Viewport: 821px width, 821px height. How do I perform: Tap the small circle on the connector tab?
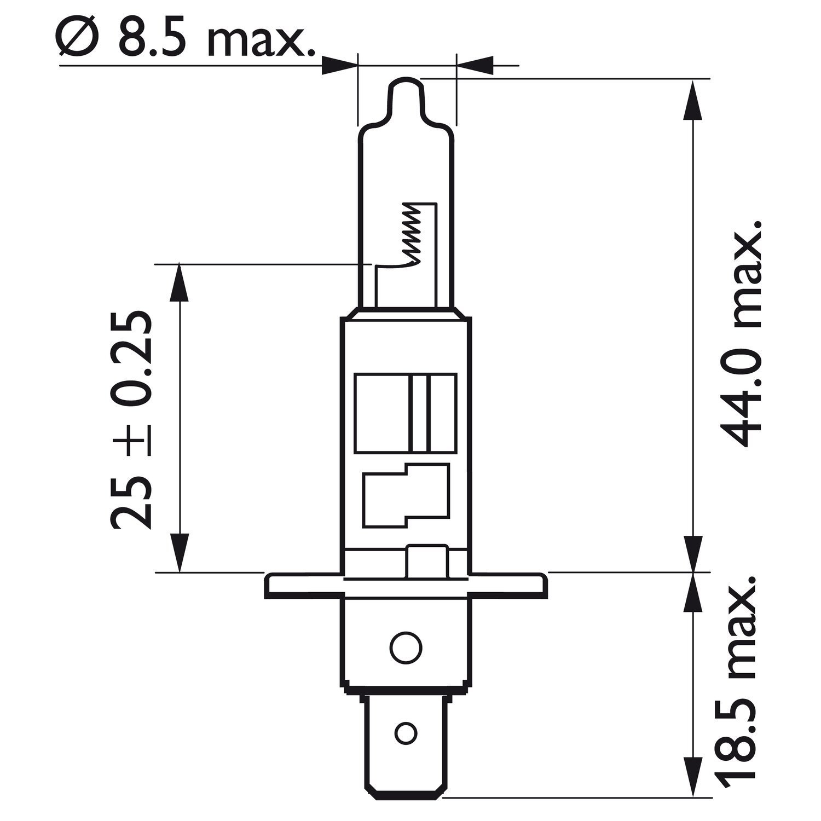[x=406, y=731]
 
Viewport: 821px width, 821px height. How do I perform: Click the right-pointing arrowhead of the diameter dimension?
[x=338, y=65]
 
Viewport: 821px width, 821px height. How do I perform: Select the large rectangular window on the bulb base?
[x=405, y=413]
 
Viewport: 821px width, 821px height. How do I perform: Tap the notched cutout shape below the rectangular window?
[x=405, y=495]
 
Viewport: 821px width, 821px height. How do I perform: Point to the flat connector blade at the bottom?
[x=406, y=733]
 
